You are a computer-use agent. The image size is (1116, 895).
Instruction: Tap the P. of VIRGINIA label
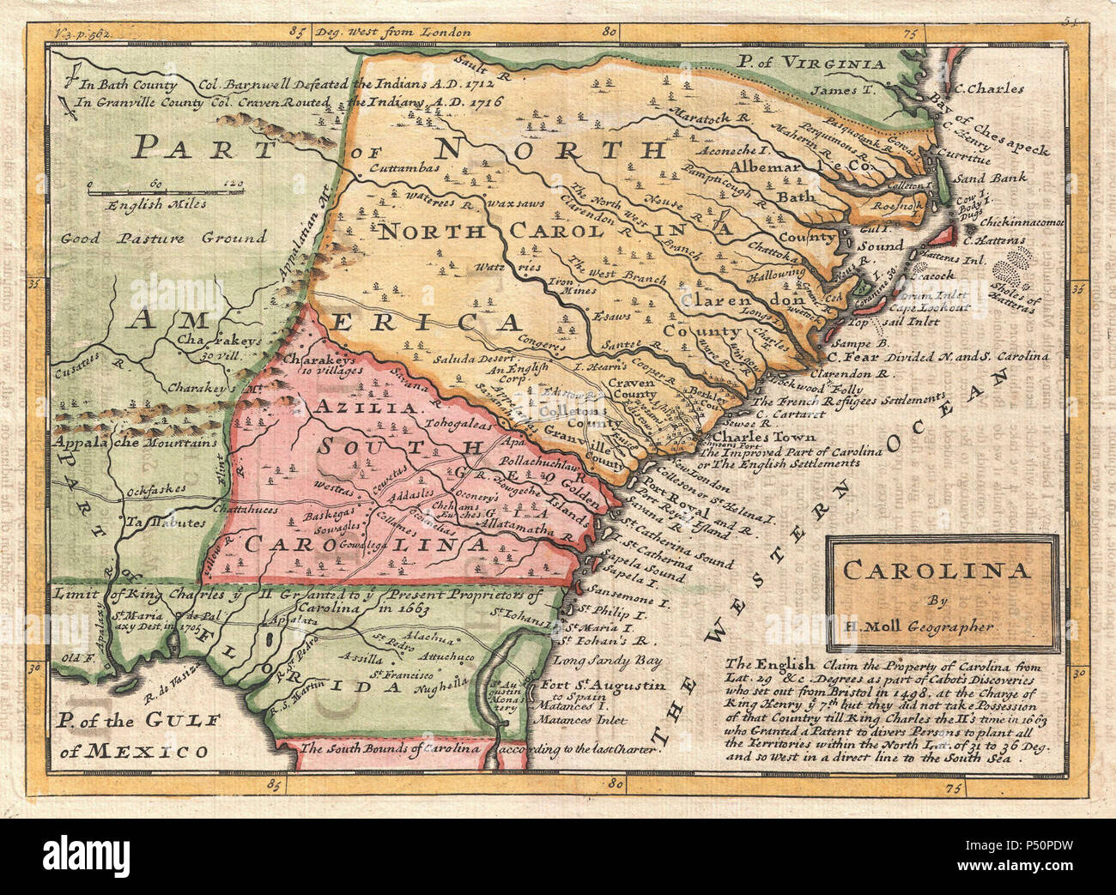click(x=811, y=63)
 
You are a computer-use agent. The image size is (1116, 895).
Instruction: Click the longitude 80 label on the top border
click(x=610, y=33)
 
